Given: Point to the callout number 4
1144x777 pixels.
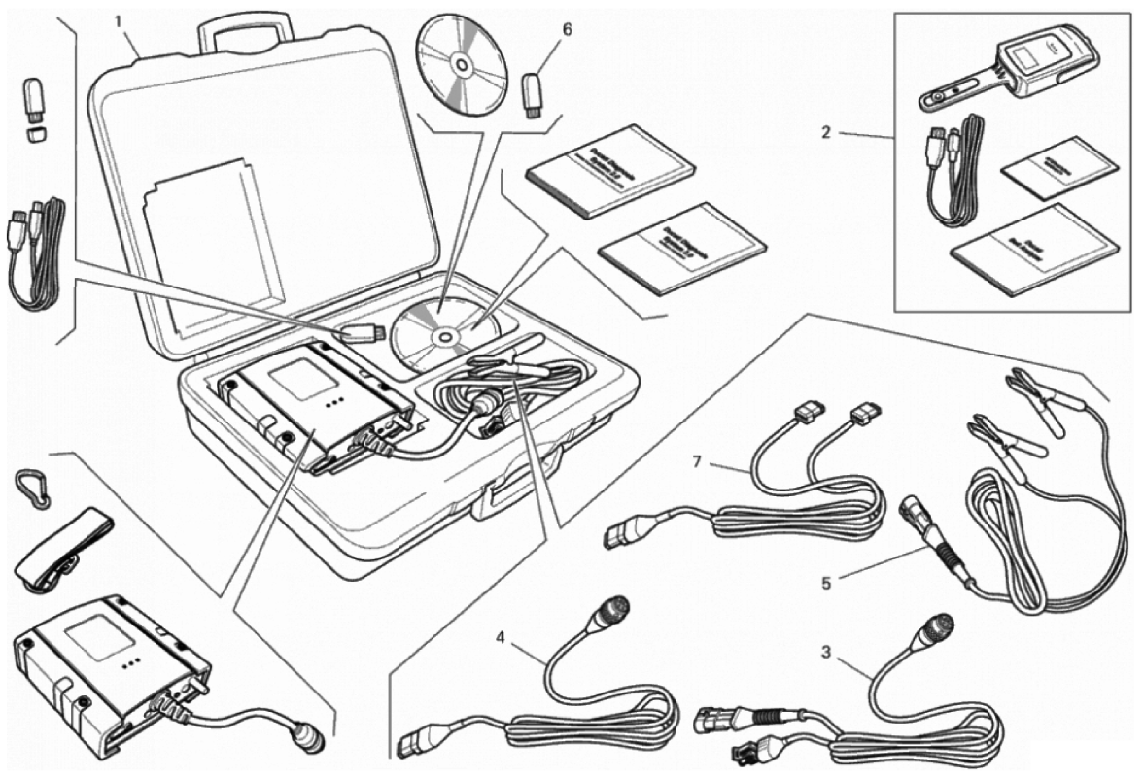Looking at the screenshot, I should point(501,638).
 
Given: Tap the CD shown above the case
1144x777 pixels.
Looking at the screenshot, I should point(462,66).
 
